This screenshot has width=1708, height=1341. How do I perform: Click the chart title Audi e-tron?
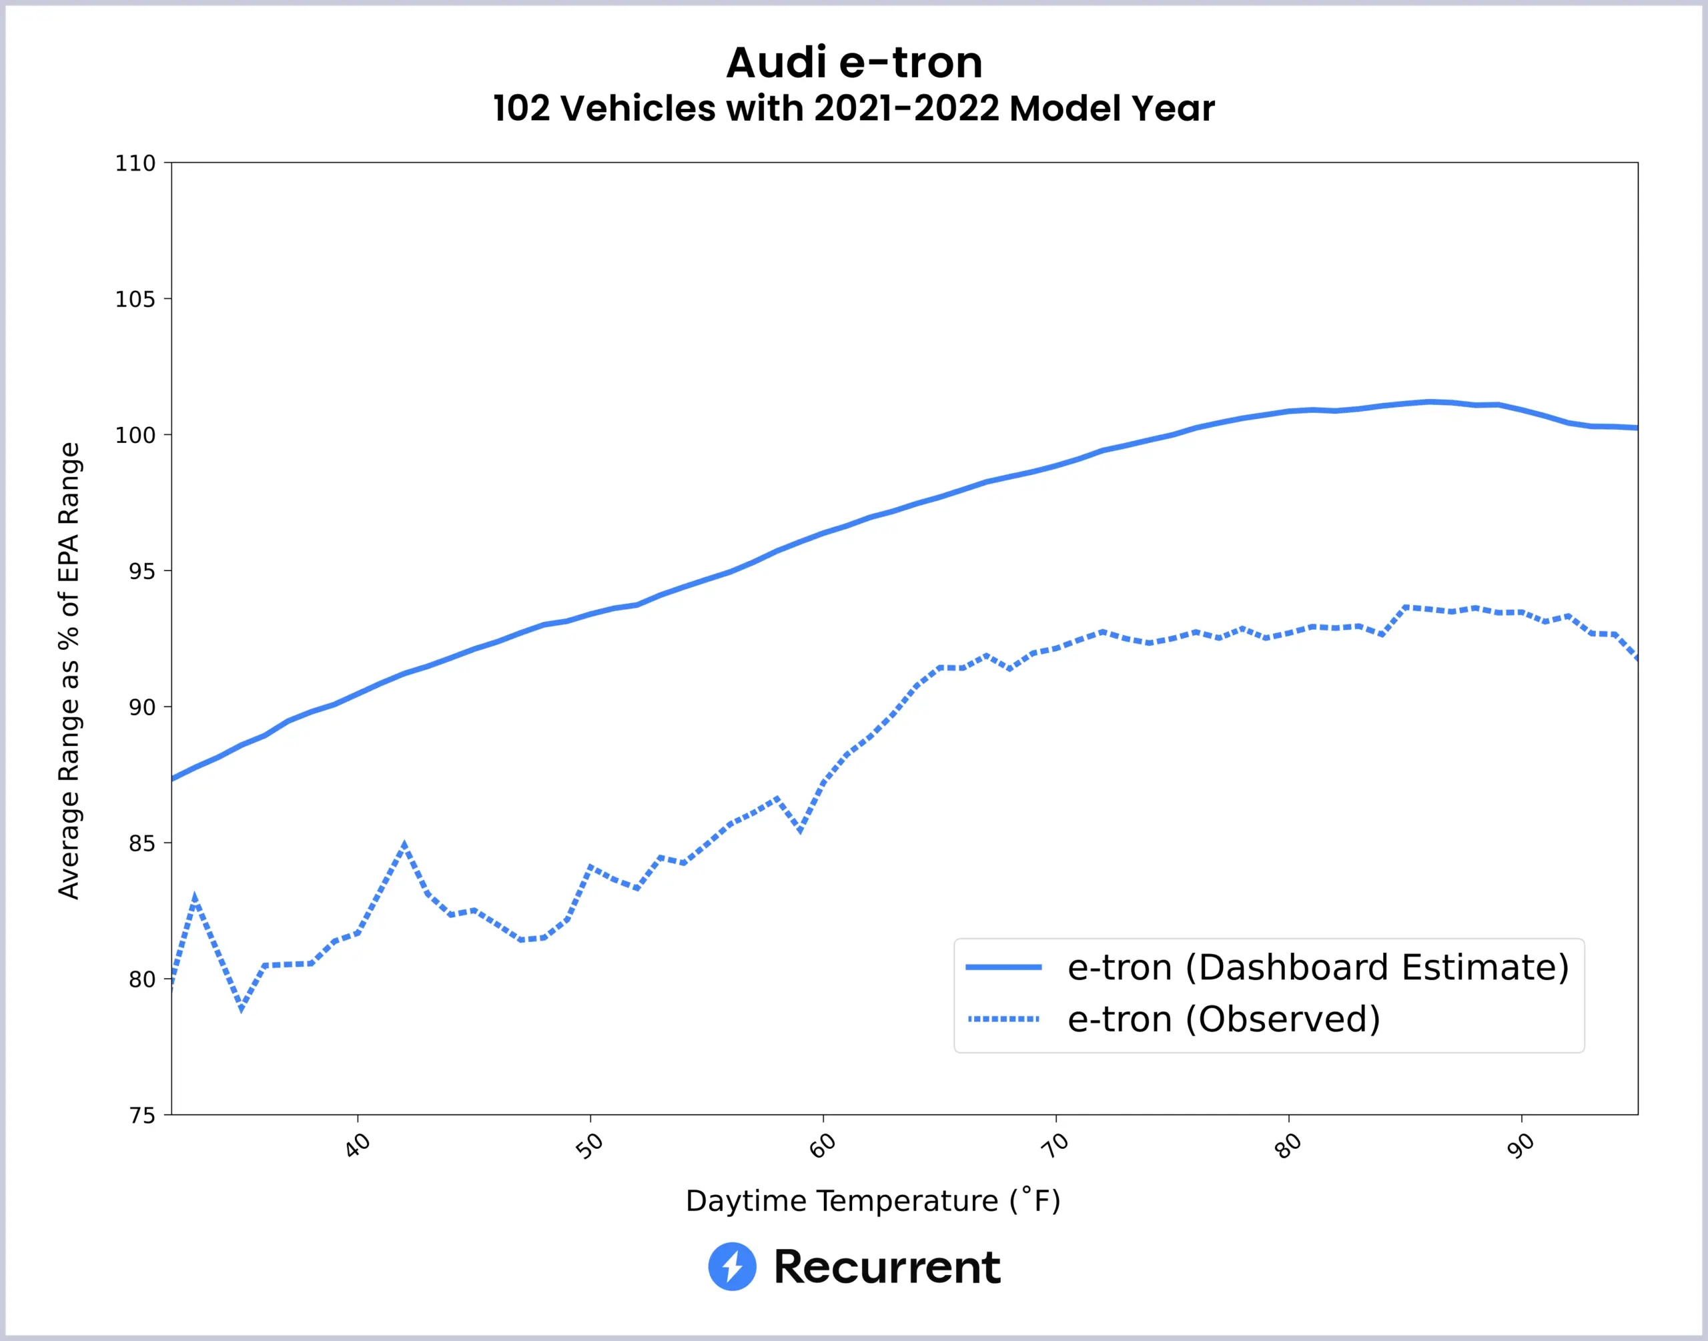click(x=854, y=63)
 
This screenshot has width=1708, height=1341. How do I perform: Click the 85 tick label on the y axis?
click(x=141, y=843)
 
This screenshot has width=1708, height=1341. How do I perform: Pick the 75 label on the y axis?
click(x=141, y=1115)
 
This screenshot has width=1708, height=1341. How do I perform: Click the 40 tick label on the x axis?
click(x=357, y=1146)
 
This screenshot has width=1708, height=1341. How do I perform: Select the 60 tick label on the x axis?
click(x=823, y=1146)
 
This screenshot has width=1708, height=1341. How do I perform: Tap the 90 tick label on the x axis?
click(x=1521, y=1146)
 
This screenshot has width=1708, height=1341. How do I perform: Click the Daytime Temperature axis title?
click(x=873, y=1200)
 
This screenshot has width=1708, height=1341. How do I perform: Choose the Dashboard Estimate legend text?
click(x=1318, y=967)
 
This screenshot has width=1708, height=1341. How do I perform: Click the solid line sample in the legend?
click(x=1003, y=967)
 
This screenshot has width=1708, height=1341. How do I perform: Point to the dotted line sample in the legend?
click(x=1003, y=1019)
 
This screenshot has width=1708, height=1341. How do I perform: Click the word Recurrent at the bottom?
click(x=887, y=1266)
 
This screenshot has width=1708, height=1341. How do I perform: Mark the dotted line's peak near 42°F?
click(x=404, y=845)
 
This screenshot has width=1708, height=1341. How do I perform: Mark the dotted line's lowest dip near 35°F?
click(x=241, y=1008)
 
